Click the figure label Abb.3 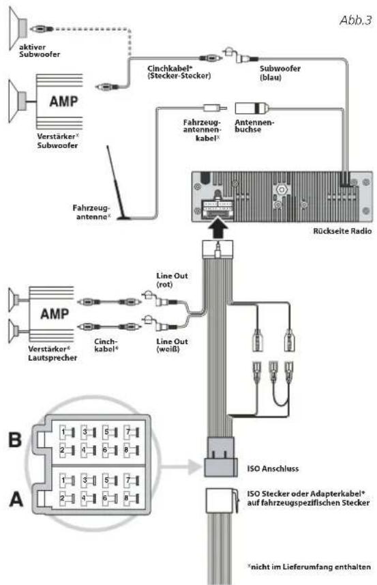pyautogui.click(x=356, y=20)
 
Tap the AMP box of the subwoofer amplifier pyautogui.click(x=59, y=102)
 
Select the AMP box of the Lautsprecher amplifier pyautogui.click(x=51, y=314)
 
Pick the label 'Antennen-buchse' pyautogui.click(x=254, y=126)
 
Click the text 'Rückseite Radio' pyautogui.click(x=342, y=231)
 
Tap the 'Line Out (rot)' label pyautogui.click(x=172, y=280)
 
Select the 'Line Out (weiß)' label pyautogui.click(x=172, y=345)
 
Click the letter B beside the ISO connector pyautogui.click(x=15, y=440)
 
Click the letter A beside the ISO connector pyautogui.click(x=16, y=499)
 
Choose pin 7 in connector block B pyautogui.click(x=131, y=432)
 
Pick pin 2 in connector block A pyautogui.click(x=67, y=498)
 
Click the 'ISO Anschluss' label pyautogui.click(x=273, y=468)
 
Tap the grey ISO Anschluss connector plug pyautogui.click(x=220, y=457)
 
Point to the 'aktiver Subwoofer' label pyautogui.click(x=40, y=51)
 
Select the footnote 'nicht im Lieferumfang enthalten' pyautogui.click(x=310, y=567)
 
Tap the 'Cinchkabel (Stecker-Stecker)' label pyautogui.click(x=179, y=72)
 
